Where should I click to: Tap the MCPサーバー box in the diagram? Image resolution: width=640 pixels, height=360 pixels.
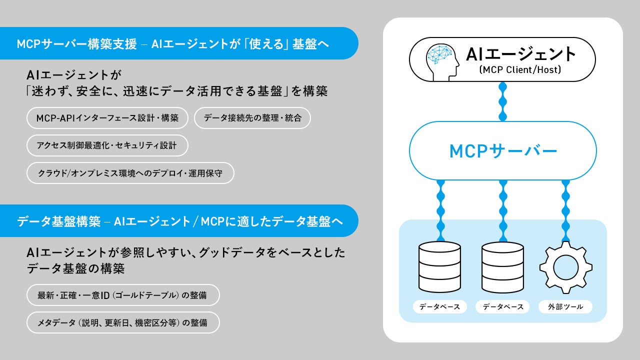pos(503,151)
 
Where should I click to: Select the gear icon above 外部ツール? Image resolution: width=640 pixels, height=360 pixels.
pos(565,267)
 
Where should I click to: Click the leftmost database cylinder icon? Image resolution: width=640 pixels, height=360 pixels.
pos(439,267)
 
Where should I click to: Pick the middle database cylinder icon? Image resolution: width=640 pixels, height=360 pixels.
pos(503,267)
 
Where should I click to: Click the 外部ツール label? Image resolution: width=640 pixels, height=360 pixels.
pos(565,307)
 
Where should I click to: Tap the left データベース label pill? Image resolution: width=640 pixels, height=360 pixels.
pos(439,307)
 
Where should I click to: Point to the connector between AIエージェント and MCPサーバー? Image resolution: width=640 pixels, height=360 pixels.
pos(502,101)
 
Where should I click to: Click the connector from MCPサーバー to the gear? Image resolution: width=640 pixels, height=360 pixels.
pos(565,211)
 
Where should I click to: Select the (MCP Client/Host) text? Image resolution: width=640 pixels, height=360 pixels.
pos(520,69)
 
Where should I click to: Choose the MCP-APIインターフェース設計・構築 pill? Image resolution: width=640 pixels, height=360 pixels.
pos(107,118)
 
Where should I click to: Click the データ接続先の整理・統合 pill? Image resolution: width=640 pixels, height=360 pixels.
pos(252,118)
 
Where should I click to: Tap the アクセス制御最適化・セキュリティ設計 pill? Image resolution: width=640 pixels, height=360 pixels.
pos(107,145)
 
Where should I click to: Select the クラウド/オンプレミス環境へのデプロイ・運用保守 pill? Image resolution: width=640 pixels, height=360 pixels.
pos(130,173)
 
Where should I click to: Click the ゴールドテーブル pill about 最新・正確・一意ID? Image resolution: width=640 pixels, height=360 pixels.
pos(123,295)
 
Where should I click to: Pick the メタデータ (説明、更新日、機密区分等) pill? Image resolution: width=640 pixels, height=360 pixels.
pos(123,322)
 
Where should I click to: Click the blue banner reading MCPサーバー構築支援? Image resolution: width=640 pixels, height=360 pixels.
pos(179,43)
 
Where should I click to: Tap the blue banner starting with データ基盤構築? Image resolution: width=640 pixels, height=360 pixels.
pos(179,221)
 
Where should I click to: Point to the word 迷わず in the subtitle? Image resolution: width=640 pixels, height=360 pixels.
pos(51,91)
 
